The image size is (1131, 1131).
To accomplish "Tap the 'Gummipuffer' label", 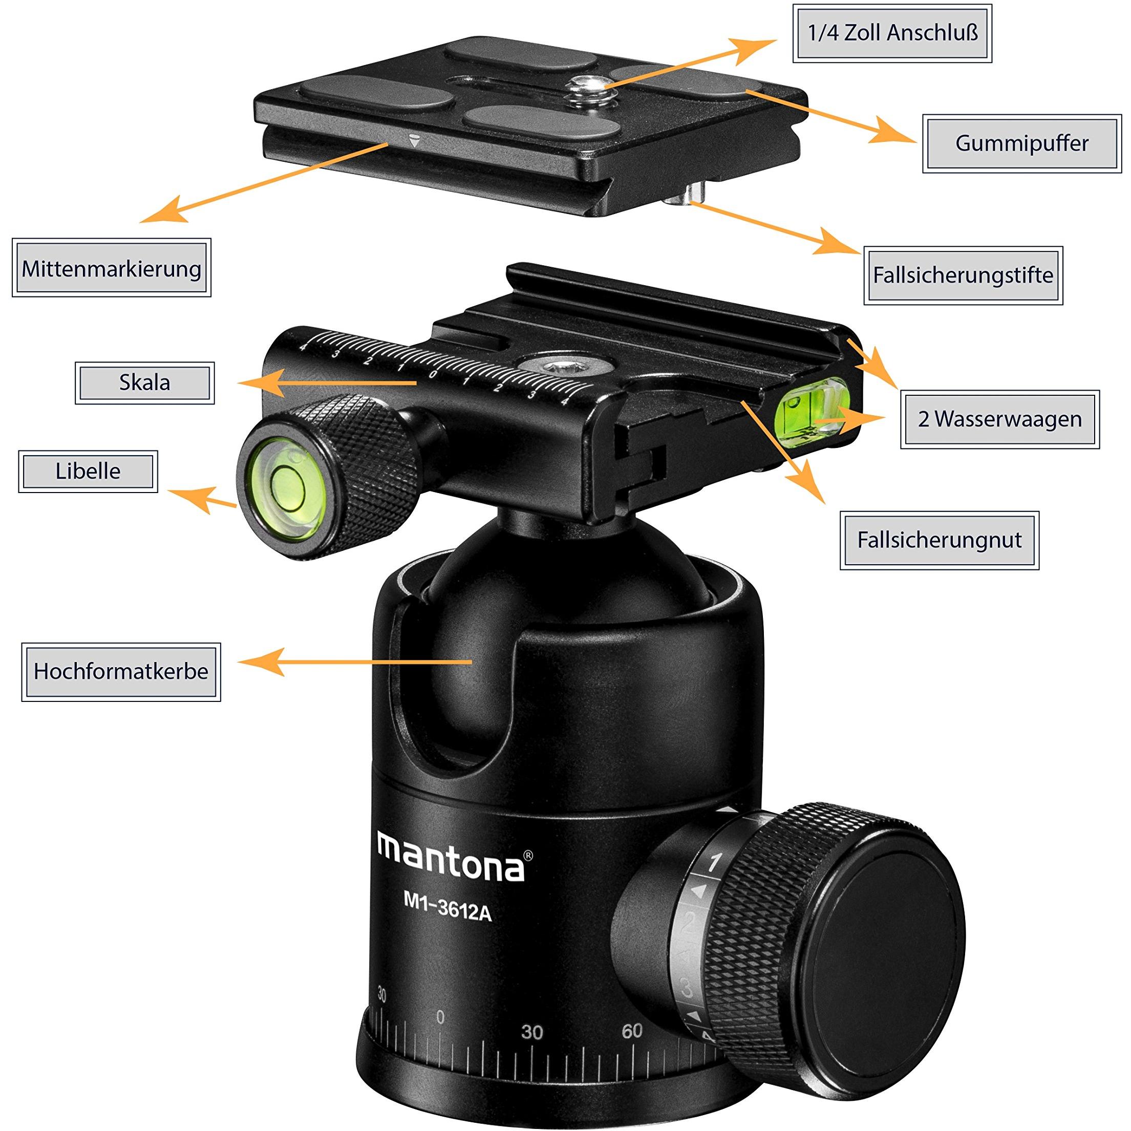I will [x=1021, y=143].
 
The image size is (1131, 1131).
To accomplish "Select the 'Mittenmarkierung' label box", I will [x=111, y=268].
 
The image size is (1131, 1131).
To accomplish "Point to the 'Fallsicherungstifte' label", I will [x=963, y=275].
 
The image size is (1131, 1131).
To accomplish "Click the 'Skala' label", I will [x=144, y=383].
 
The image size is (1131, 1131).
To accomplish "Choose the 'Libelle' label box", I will [x=88, y=471].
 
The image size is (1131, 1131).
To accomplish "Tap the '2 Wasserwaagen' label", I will [x=999, y=419].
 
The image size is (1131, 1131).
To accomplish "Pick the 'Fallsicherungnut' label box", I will [x=939, y=540].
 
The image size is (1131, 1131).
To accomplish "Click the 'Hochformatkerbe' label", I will [x=121, y=671].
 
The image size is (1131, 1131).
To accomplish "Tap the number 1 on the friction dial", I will [x=714, y=863].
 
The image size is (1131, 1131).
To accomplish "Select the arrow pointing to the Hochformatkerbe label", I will [x=355, y=662].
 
